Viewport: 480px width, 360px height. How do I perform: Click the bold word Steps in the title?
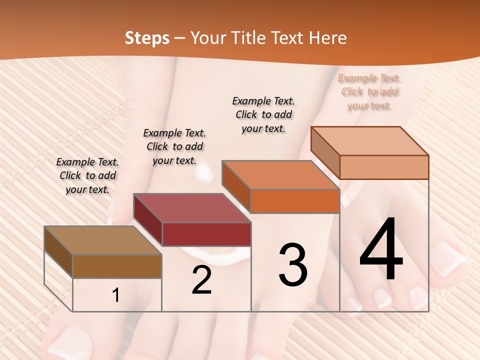tap(147, 38)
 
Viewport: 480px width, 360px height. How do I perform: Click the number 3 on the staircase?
tap(293, 265)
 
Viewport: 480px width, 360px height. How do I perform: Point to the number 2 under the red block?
tap(201, 280)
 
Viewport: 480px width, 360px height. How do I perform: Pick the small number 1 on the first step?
tap(115, 295)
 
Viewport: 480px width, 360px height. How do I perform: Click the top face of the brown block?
tap(102, 240)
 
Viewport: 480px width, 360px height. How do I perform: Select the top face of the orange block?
tap(280, 175)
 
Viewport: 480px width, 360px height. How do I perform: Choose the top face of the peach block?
tap(369, 141)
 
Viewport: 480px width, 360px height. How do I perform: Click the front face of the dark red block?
tap(206, 234)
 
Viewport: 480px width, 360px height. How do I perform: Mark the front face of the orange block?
tap(295, 201)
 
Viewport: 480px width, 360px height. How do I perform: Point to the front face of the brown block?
tap(117, 266)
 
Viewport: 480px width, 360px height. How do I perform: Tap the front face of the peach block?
tap(384, 167)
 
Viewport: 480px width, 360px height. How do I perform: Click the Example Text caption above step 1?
tap(87, 175)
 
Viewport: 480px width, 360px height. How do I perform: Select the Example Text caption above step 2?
tap(174, 146)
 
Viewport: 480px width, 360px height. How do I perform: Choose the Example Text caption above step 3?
tap(263, 114)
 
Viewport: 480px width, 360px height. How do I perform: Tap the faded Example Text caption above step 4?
tap(369, 91)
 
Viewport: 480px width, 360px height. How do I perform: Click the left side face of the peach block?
tap(325, 152)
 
